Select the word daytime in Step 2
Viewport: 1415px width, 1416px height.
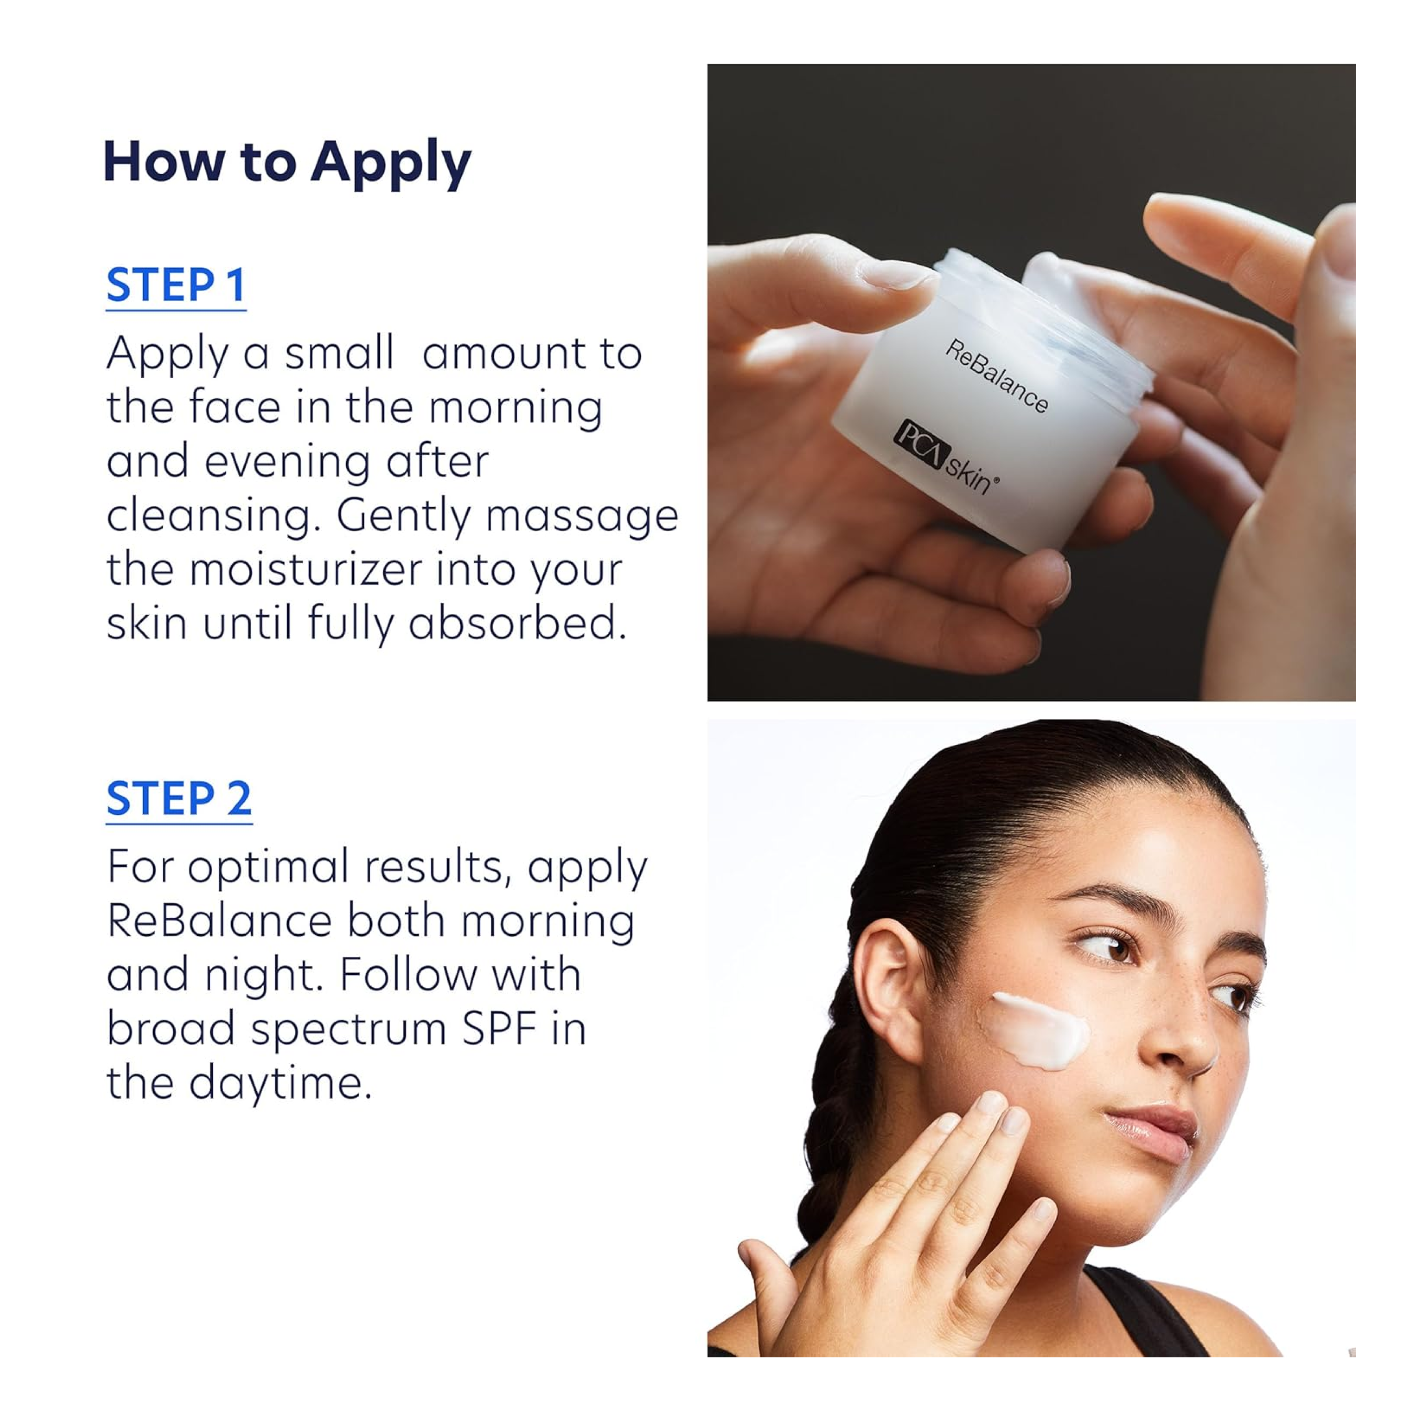tap(281, 1084)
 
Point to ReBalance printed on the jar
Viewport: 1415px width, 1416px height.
tap(996, 375)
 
